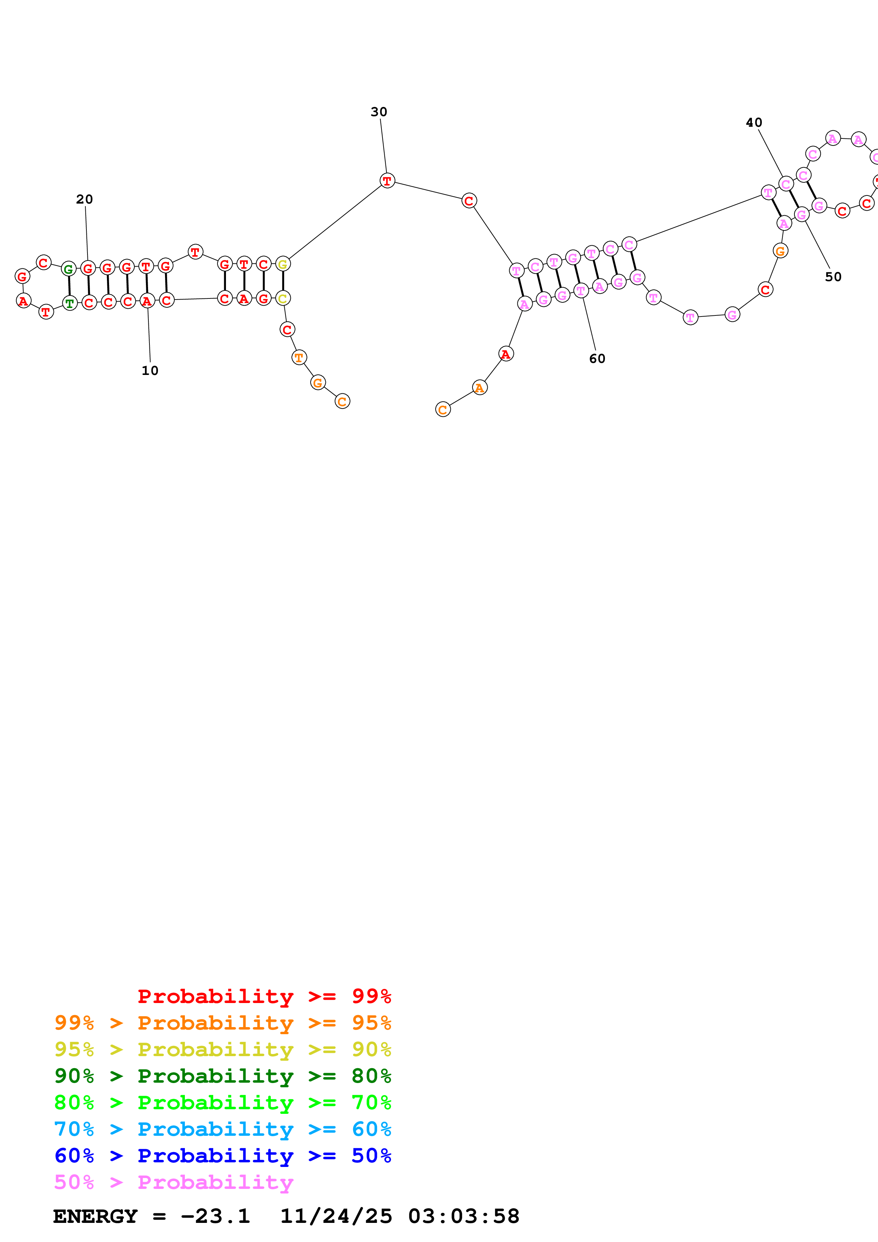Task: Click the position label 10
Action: pyautogui.click(x=150, y=371)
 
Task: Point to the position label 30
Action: pyautogui.click(x=379, y=112)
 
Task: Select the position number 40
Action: pyautogui.click(x=754, y=123)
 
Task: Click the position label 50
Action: pyautogui.click(x=833, y=277)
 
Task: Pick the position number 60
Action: pyautogui.click(x=597, y=359)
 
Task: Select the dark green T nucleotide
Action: pyautogui.click(x=70, y=303)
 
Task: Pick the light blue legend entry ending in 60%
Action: pyautogui.click(x=222, y=1129)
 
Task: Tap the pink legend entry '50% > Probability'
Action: pyautogui.click(x=173, y=1183)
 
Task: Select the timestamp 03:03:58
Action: pyautogui.click(x=464, y=1217)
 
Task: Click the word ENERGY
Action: pyautogui.click(x=95, y=1217)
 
